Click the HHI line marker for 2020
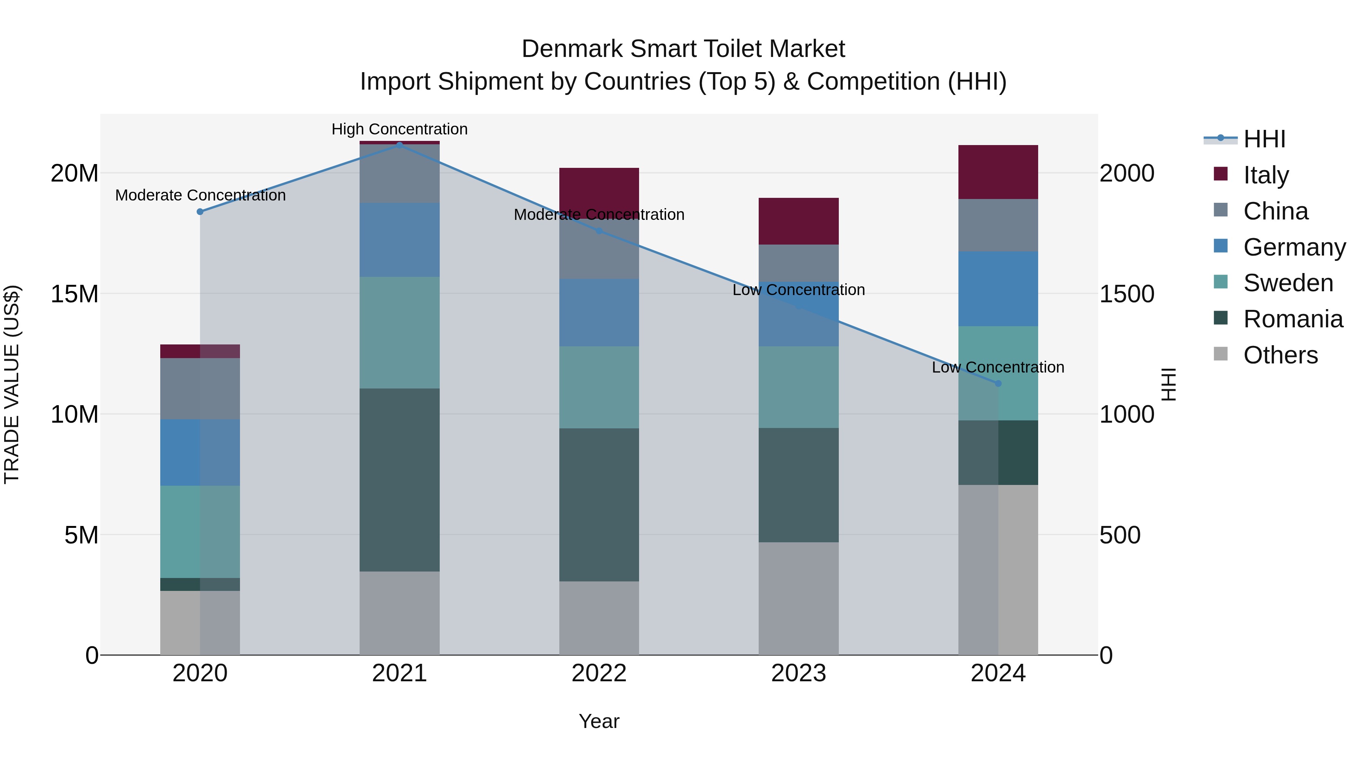pyautogui.click(x=200, y=212)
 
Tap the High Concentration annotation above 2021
pyautogui.click(x=399, y=129)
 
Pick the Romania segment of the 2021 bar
pyautogui.click(x=399, y=480)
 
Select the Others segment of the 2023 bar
pyautogui.click(x=798, y=598)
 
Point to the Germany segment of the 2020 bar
pyautogui.click(x=200, y=452)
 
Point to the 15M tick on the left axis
pyautogui.click(x=74, y=294)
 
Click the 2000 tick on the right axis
pyautogui.click(x=1126, y=173)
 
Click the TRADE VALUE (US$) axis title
pyautogui.click(x=12, y=384)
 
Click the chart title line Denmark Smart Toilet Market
pyautogui.click(x=683, y=49)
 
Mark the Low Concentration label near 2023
pyautogui.click(x=798, y=290)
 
